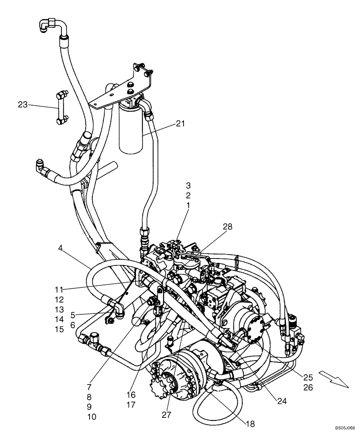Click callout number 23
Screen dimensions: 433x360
point(23,104)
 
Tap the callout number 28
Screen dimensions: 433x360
point(228,227)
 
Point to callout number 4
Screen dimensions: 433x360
point(61,249)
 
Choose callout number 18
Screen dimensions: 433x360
point(250,423)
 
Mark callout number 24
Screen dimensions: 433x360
point(282,401)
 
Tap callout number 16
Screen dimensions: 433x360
point(131,395)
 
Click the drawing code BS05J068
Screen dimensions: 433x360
point(344,427)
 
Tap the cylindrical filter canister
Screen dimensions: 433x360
point(131,130)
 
